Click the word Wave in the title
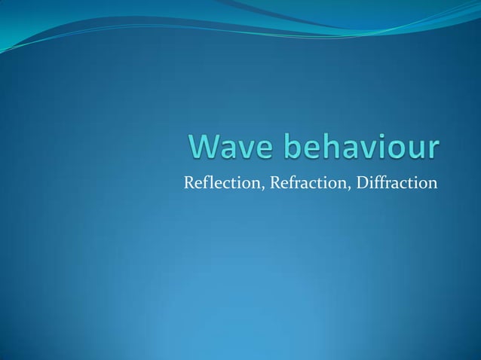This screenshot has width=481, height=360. pyautogui.click(x=223, y=148)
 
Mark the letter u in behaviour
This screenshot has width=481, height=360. pyautogui.click(x=413, y=150)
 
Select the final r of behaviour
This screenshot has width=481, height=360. pyautogui.click(x=430, y=150)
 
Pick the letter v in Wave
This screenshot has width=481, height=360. pyautogui.click(x=241, y=150)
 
